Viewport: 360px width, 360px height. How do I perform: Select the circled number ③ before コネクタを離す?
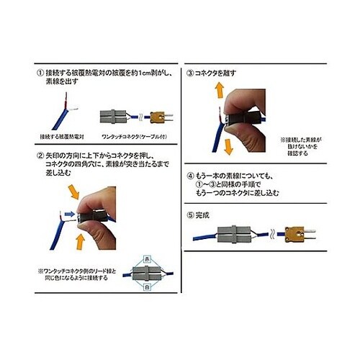click(x=190, y=74)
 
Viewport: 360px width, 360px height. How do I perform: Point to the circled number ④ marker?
click(x=190, y=175)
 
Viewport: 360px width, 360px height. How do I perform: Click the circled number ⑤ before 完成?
click(x=190, y=213)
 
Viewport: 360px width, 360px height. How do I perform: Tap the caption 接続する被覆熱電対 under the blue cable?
click(x=61, y=135)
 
